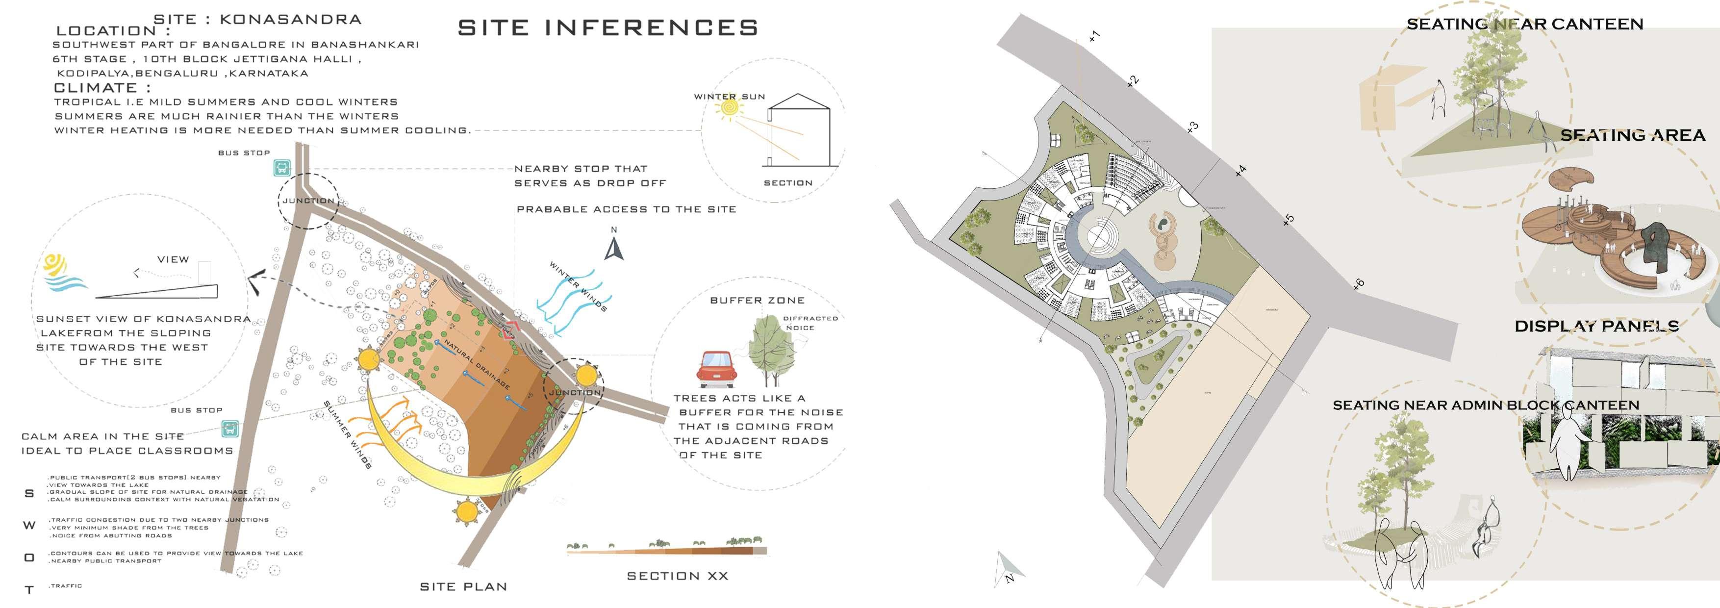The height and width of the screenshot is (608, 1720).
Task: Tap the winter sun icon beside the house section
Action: (x=729, y=108)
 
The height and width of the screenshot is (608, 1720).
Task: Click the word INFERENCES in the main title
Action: (x=651, y=28)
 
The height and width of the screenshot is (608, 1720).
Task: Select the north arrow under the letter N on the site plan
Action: (x=614, y=250)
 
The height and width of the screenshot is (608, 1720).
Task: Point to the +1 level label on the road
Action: (x=1094, y=36)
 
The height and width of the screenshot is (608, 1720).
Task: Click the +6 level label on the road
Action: (x=1358, y=285)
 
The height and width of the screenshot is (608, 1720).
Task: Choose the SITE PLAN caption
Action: (x=463, y=586)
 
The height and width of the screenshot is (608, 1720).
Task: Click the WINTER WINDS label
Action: (x=578, y=286)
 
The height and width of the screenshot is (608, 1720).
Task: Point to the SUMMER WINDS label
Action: (x=347, y=434)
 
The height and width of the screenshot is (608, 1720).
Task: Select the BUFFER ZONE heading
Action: (x=757, y=301)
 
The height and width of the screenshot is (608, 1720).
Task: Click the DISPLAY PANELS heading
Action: (x=1596, y=327)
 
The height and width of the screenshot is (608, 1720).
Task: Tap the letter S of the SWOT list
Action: (x=29, y=494)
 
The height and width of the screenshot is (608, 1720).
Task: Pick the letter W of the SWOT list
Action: (x=29, y=525)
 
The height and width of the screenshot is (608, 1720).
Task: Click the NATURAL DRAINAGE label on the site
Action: (x=478, y=364)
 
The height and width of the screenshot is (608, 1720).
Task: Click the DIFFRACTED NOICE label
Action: (x=810, y=323)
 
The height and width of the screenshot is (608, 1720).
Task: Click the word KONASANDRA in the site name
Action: (x=290, y=19)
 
